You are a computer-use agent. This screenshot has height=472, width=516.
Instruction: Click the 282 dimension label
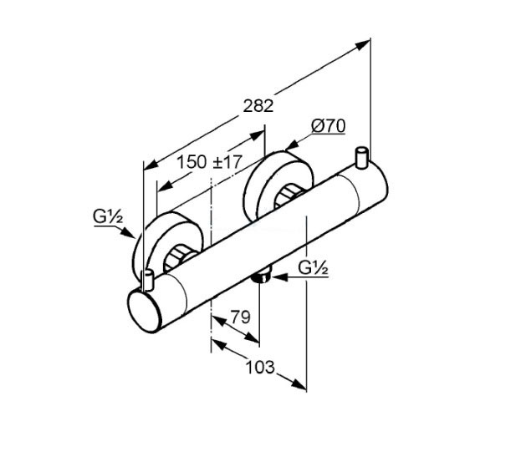coord(258,106)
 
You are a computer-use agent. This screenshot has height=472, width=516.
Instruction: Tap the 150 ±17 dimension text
coord(210,162)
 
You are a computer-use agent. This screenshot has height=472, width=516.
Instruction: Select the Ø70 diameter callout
coord(328,126)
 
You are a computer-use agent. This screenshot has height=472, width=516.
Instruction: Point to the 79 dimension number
coord(240,317)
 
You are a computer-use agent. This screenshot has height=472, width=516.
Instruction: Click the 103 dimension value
coord(260,367)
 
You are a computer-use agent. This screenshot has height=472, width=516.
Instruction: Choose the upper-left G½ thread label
coord(108,216)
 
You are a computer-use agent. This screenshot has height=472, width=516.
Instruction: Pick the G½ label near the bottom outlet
coord(314,268)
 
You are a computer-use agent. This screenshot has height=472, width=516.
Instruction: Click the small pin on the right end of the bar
coord(361,157)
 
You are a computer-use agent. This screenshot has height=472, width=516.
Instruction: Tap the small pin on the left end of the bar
coord(148,280)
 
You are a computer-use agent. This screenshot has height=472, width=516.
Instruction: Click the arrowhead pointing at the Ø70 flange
coord(292,145)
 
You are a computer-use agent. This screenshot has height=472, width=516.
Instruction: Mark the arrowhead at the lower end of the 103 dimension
coord(299,384)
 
